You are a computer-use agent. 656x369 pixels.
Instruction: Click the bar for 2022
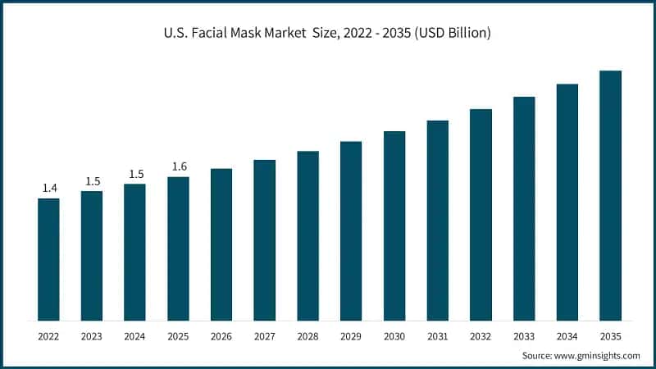pyautogui.click(x=48, y=259)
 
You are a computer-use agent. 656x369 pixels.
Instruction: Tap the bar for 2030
pyautogui.click(x=394, y=225)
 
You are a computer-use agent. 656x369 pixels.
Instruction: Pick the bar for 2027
pyautogui.click(x=265, y=239)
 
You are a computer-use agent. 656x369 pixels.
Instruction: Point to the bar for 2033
pyautogui.click(x=524, y=208)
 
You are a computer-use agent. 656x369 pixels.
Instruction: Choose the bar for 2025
pyautogui.click(x=178, y=248)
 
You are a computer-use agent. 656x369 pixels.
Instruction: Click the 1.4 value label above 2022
pyautogui.click(x=49, y=189)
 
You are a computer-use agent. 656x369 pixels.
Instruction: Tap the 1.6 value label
pyautogui.click(x=179, y=167)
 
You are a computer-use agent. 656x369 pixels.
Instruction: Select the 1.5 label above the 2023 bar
pyautogui.click(x=92, y=181)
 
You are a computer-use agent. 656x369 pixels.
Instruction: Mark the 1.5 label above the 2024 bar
pyautogui.click(x=135, y=174)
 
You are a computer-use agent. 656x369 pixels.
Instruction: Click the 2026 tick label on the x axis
pyautogui.click(x=221, y=336)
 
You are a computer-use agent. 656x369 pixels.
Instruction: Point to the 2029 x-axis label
pyautogui.click(x=351, y=336)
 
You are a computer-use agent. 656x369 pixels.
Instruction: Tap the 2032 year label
pyautogui.click(x=481, y=336)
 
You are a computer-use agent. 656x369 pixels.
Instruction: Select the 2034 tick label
pyautogui.click(x=567, y=336)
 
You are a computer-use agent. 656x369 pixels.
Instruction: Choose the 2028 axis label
pyautogui.click(x=307, y=336)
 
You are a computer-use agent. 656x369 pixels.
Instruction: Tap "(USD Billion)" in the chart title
pyautogui.click(x=451, y=34)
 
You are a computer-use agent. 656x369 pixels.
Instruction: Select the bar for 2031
pyautogui.click(x=438, y=221)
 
